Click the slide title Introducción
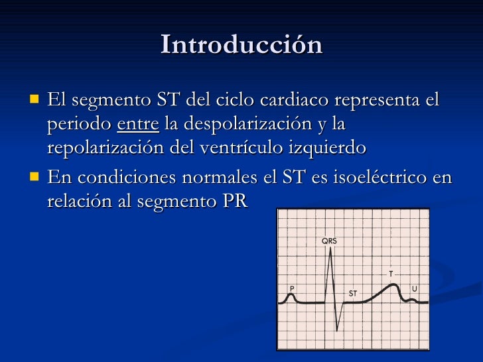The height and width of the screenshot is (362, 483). [241, 45]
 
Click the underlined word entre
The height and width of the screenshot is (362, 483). [138, 124]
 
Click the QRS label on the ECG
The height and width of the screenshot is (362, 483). [329, 241]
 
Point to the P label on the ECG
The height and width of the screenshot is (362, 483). [292, 288]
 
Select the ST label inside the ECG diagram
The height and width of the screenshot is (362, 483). [353, 292]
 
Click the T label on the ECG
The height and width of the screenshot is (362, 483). [391, 273]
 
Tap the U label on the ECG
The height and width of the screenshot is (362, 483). [415, 288]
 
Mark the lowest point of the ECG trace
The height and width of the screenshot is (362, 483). [338, 331]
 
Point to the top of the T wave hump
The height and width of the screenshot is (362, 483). [393, 284]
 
